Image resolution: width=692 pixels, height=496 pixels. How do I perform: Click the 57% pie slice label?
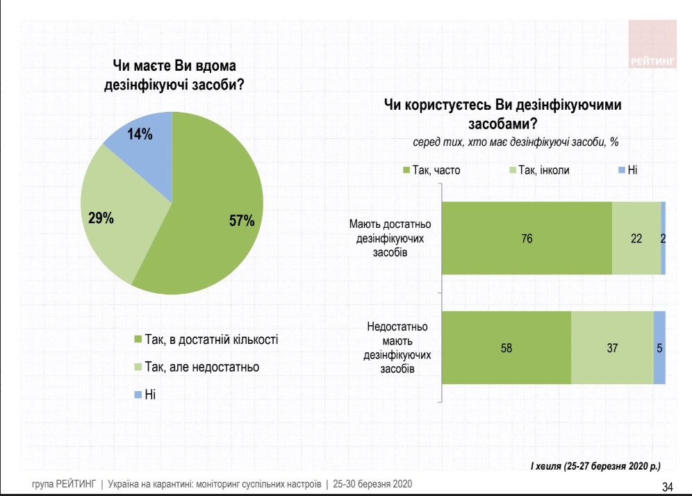pyautogui.click(x=242, y=222)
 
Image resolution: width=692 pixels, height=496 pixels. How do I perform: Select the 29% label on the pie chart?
pyautogui.click(x=101, y=218)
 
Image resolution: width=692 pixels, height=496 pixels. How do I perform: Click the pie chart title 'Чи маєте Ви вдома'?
pyautogui.click(x=174, y=66)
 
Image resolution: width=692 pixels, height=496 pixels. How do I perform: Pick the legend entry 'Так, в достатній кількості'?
pyautogui.click(x=211, y=340)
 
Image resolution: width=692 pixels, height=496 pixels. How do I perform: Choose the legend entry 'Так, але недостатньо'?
pyautogui.click(x=201, y=367)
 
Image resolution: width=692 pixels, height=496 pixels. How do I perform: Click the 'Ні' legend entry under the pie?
pyautogui.click(x=149, y=394)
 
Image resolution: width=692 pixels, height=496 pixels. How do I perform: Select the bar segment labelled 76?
pyautogui.click(x=527, y=238)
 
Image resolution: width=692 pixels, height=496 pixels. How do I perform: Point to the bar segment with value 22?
pyautogui.click(x=636, y=238)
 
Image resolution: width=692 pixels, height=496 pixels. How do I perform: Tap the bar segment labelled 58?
pyautogui.click(x=506, y=347)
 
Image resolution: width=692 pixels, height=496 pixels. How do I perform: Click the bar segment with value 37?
pyautogui.click(x=612, y=347)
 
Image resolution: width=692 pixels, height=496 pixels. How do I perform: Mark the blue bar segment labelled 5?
pyautogui.click(x=659, y=347)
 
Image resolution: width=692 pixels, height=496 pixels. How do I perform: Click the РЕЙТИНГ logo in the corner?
pyautogui.click(x=652, y=45)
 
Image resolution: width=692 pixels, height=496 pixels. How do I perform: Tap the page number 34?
pyautogui.click(x=668, y=486)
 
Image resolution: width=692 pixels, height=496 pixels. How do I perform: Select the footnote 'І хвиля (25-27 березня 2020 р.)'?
pyautogui.click(x=595, y=464)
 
